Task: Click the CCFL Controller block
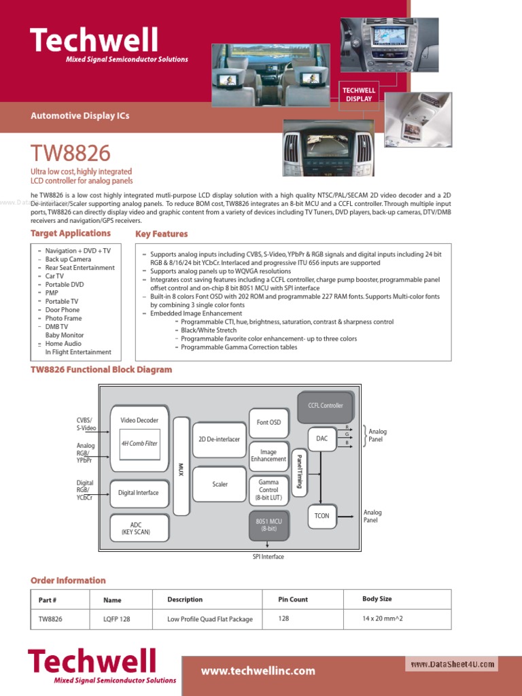pos(326,406)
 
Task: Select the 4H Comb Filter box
pos(139,443)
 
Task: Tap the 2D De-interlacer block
pos(219,439)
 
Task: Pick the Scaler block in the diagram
pos(220,485)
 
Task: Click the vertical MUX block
pos(181,466)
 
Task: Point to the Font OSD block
pos(268,423)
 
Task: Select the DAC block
pos(322,439)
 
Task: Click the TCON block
pos(322,516)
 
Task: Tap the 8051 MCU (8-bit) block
pos(268,525)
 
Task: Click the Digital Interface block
pos(139,493)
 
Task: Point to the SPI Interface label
pos(268,557)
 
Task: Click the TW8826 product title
pos(71,153)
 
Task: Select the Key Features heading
pos(162,234)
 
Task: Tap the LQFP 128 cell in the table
pos(116,619)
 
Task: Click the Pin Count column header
pos(293,599)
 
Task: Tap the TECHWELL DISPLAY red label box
pos(359,94)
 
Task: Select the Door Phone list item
pos(63,310)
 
